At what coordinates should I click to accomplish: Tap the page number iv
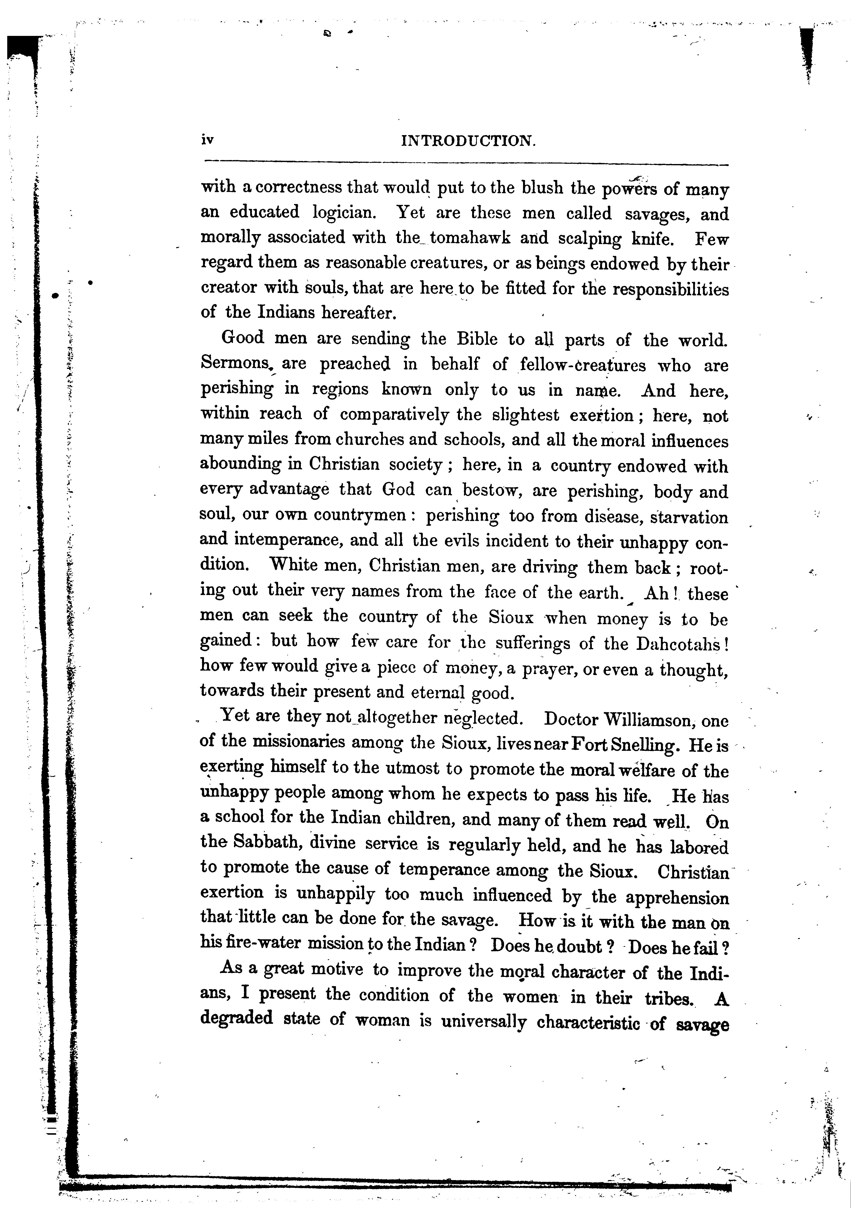point(207,140)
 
